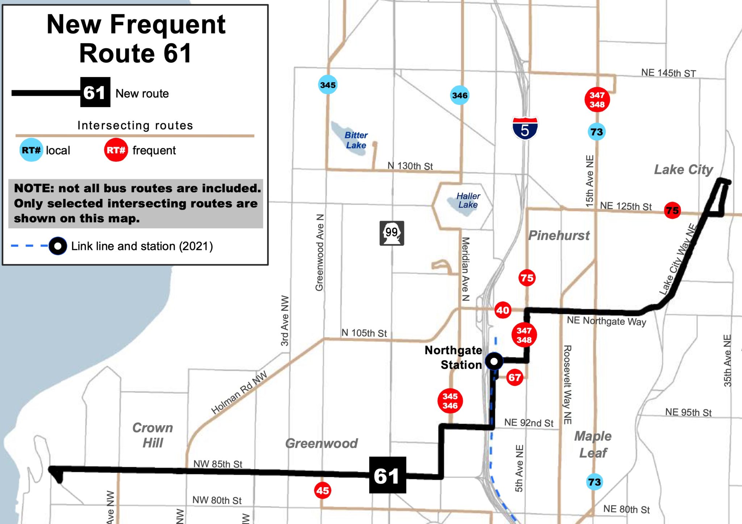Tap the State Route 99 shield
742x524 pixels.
click(x=392, y=233)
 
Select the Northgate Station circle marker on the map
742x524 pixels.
click(x=494, y=361)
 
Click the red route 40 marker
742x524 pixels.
click(x=503, y=310)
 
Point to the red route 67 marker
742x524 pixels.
click(x=514, y=378)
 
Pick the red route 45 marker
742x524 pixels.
click(x=322, y=491)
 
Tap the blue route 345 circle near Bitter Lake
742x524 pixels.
click(x=328, y=85)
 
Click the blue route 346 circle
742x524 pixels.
click(x=459, y=95)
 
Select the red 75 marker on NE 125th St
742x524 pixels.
click(x=672, y=210)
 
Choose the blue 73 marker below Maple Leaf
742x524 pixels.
click(x=594, y=482)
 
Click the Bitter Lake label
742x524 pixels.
click(x=356, y=140)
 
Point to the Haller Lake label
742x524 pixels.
click(x=468, y=200)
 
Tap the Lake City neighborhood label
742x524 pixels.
click(x=683, y=169)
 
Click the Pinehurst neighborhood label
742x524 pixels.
click(x=559, y=235)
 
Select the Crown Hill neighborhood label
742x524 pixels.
click(x=153, y=435)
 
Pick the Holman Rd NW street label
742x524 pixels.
click(x=239, y=392)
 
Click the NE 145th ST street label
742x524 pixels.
click(x=668, y=73)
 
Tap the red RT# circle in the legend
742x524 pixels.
click(x=116, y=150)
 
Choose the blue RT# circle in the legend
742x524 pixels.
click(x=31, y=150)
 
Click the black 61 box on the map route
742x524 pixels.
click(x=387, y=475)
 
